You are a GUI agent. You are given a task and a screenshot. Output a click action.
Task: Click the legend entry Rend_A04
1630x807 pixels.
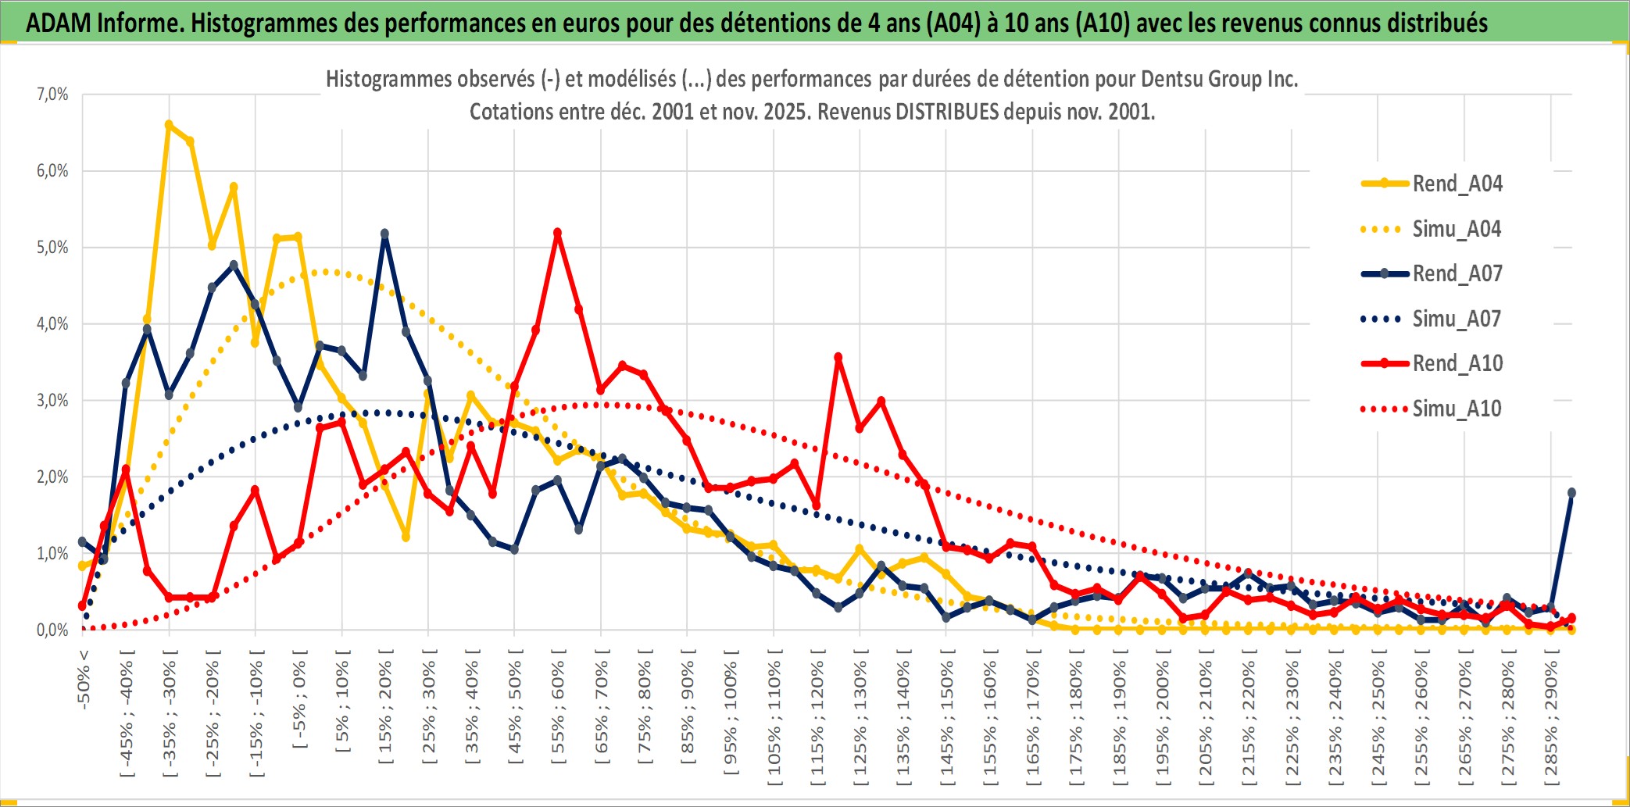point(1457,184)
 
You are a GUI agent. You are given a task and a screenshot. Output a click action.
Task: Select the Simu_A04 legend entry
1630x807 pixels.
point(1457,229)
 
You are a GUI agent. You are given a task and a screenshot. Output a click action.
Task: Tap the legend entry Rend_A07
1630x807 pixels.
point(1457,273)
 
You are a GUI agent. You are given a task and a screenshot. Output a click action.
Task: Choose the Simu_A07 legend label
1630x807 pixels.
point(1457,319)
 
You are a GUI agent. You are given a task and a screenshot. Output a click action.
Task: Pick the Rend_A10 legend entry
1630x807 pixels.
point(1457,363)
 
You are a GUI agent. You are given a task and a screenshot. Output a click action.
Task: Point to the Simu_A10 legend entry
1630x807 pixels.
point(1457,409)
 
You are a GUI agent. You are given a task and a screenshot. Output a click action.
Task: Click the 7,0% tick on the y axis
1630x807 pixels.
point(52,95)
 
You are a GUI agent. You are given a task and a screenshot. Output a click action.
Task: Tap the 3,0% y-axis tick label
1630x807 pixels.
point(52,401)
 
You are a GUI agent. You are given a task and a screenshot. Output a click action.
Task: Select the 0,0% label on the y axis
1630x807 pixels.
point(52,630)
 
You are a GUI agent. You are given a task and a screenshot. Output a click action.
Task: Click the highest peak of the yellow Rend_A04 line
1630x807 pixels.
point(169,124)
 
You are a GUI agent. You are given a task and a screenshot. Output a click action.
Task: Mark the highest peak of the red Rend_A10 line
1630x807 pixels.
point(557,233)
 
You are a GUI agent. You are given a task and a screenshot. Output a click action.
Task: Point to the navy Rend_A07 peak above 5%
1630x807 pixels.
point(384,234)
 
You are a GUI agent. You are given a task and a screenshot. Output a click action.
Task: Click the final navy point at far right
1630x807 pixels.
point(1571,493)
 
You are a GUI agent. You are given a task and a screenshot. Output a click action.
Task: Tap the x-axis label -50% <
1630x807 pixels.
point(84,680)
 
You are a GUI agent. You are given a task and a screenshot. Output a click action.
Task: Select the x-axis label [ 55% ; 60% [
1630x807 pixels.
point(558,712)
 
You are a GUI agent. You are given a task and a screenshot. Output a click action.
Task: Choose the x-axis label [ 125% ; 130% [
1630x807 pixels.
point(860,719)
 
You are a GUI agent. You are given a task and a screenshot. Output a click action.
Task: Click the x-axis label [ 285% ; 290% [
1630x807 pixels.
point(1551,719)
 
